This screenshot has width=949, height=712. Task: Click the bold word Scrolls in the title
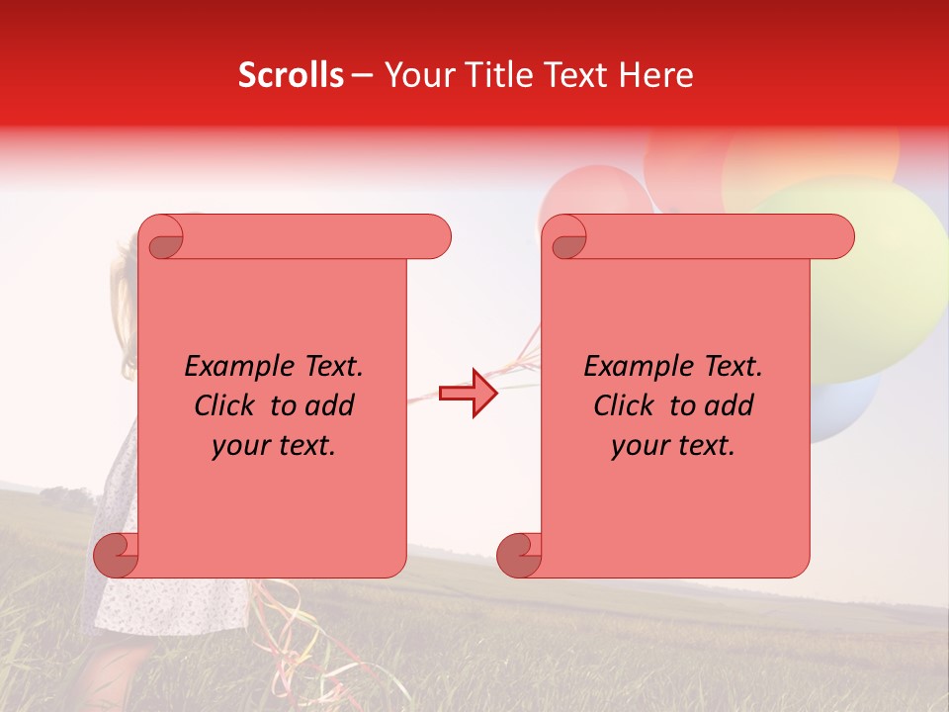[291, 75]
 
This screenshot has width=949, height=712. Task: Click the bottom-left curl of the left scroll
[116, 555]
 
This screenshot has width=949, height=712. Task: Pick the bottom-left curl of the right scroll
[519, 555]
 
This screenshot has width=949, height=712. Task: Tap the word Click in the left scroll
[224, 405]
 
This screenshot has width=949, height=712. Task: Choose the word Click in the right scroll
[624, 405]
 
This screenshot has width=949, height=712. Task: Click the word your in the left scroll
[238, 445]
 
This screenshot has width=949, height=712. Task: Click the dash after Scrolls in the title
[363, 76]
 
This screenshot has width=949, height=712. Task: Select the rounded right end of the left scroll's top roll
[435, 237]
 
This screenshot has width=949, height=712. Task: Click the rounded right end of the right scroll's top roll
[838, 237]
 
